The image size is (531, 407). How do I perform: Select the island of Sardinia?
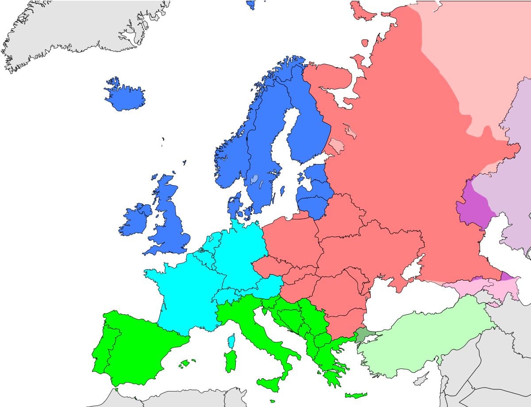point(231,362)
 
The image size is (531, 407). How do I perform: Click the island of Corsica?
point(231,341)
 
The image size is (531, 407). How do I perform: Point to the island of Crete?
point(356,395)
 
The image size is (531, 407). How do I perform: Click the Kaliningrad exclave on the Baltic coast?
point(300,215)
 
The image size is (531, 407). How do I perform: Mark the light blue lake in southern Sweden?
point(254,180)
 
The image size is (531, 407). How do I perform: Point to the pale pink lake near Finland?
point(336,145)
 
